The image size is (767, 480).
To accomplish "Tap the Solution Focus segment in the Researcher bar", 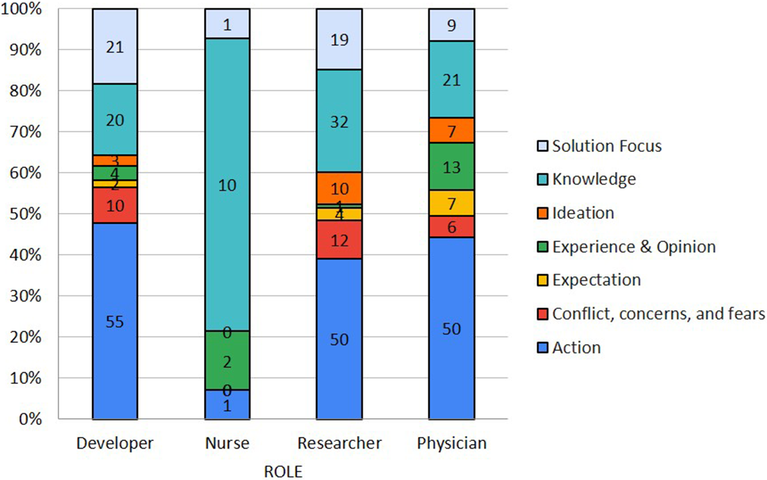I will pyautogui.click(x=339, y=39).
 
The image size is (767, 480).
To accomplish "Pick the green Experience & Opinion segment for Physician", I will pyautogui.click(x=452, y=167).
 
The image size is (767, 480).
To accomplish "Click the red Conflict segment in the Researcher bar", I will pyautogui.click(x=339, y=240).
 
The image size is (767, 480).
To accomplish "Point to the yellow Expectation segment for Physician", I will pyautogui.click(x=452, y=204).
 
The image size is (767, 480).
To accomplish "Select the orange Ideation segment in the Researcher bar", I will pyautogui.click(x=339, y=188).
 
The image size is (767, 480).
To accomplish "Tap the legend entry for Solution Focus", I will pyautogui.click(x=606, y=146).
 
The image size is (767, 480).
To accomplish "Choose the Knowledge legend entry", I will pyautogui.click(x=594, y=179).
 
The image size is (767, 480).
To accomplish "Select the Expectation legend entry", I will pyautogui.click(x=596, y=280).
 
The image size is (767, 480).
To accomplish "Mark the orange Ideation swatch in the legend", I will pyautogui.click(x=543, y=213).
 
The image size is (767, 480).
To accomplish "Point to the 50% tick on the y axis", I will pyautogui.click(x=26, y=214).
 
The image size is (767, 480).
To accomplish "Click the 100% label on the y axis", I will pyautogui.click(x=22, y=9).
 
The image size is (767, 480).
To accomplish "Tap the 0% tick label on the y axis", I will pyautogui.click(x=30, y=419).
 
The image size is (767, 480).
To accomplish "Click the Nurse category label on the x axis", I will pyautogui.click(x=227, y=443).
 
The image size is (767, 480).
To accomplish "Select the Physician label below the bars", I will pyautogui.click(x=452, y=443).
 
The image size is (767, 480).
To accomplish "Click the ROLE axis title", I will pyautogui.click(x=283, y=471).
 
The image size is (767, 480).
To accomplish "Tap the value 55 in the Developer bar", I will pyautogui.click(x=115, y=321).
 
